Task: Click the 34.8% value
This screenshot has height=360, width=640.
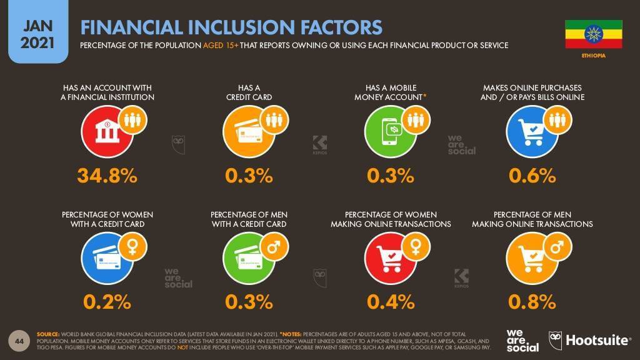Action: click(x=107, y=176)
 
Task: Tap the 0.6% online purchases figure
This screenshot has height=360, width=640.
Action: click(x=532, y=176)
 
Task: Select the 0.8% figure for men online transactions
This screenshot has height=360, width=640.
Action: click(x=532, y=302)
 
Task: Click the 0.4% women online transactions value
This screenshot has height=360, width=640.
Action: click(x=391, y=302)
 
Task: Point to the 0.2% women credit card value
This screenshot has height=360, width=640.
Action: click(x=107, y=302)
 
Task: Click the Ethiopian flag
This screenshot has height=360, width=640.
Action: click(x=593, y=34)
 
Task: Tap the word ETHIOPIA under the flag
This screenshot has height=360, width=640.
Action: click(x=593, y=56)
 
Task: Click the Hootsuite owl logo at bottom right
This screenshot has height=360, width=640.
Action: click(x=555, y=339)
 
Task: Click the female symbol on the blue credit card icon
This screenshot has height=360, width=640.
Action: click(x=132, y=245)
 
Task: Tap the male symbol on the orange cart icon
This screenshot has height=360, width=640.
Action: click(x=557, y=245)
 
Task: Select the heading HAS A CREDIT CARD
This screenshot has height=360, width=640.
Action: click(x=249, y=92)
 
